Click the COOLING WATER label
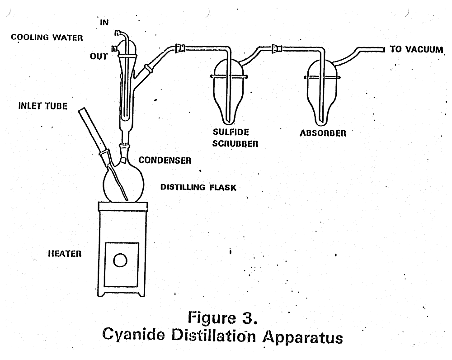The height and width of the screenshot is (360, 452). [x=47, y=38]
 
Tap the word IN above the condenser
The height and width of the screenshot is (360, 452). [x=104, y=22]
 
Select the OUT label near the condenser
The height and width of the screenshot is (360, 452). [x=99, y=57]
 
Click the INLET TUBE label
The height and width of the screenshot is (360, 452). [x=42, y=106]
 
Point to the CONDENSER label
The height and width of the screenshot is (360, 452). [x=165, y=160]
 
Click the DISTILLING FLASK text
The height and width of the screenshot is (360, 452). [x=198, y=187]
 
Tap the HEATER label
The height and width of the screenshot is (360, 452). [x=64, y=254]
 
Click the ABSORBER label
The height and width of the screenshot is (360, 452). [x=323, y=133]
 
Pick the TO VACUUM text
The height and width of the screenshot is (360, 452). [x=416, y=49]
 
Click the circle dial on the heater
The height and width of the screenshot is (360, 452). [x=121, y=260]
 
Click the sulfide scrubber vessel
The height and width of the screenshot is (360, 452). [x=229, y=90]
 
